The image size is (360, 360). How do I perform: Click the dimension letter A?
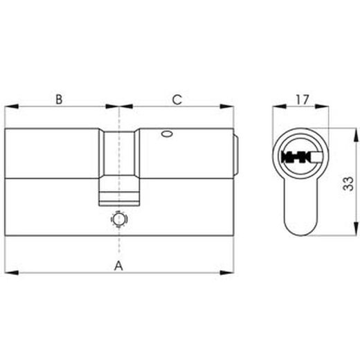tap(118, 264)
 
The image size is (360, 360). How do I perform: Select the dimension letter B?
tap(60, 100)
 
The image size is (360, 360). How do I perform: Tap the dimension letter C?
tap(177, 100)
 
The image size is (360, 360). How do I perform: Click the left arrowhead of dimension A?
tap(10, 272)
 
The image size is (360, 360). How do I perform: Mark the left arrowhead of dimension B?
tap(10, 107)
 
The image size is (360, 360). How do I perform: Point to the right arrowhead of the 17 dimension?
tap(327, 107)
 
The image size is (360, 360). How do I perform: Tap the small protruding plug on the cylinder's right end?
tap(237, 154)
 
